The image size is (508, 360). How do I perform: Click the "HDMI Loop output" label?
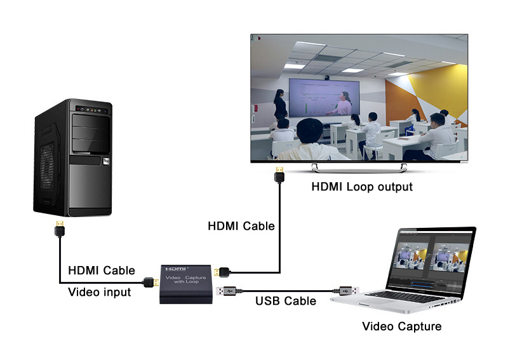(x=362, y=187)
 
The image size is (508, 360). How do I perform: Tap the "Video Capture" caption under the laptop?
(x=401, y=327)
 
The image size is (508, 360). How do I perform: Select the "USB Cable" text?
(x=285, y=301)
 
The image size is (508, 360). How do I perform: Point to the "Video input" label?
(x=99, y=292)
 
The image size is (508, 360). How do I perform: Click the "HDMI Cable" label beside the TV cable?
(x=241, y=225)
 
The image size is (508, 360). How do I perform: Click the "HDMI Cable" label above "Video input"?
(x=102, y=270)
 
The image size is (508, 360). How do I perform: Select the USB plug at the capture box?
(x=228, y=291)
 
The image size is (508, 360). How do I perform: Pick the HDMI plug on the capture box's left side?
(x=152, y=281)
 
